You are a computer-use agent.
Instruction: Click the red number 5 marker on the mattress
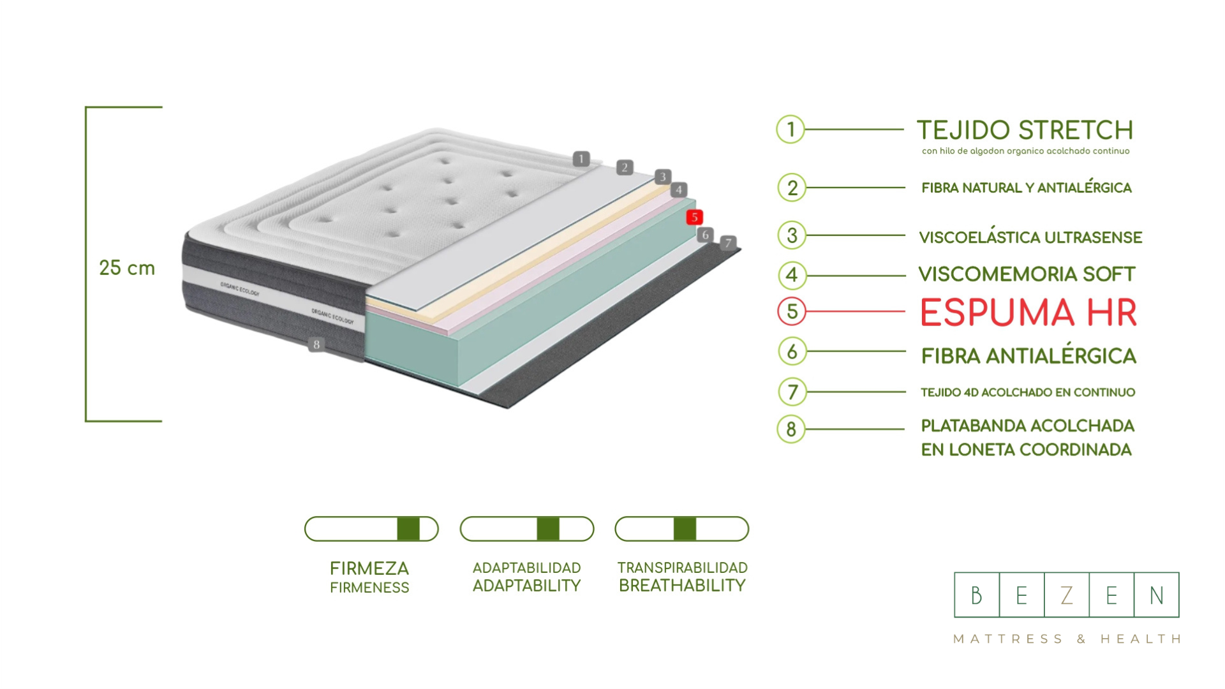[x=694, y=218]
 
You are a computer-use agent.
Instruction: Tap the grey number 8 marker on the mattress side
[x=316, y=344]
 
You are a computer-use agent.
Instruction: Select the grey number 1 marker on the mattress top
[x=581, y=159]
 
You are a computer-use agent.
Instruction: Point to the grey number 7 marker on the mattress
[x=728, y=243]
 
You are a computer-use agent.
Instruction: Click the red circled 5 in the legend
[x=792, y=311]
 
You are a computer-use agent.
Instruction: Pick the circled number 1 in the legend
[x=791, y=130]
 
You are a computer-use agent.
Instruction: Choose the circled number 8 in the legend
[x=791, y=429]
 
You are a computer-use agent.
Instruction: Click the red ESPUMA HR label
[x=1028, y=313]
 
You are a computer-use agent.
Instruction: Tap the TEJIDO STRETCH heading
[x=1025, y=131]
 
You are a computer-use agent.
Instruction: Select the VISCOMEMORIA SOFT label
[x=1027, y=275]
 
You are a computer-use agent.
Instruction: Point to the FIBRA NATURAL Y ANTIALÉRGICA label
[x=1026, y=188]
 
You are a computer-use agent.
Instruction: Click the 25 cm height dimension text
[x=127, y=268]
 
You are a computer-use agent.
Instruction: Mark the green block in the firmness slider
[x=408, y=529]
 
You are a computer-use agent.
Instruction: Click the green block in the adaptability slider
[x=548, y=529]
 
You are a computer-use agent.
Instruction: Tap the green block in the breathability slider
[x=685, y=529]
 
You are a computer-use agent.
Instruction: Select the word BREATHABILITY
[x=682, y=586]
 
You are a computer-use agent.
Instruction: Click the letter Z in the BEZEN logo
[x=1066, y=595]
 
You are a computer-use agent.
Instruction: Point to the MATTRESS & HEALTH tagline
[x=1067, y=639]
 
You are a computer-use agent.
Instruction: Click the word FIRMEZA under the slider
[x=369, y=568]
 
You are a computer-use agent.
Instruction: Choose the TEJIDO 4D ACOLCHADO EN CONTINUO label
[x=1027, y=392]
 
